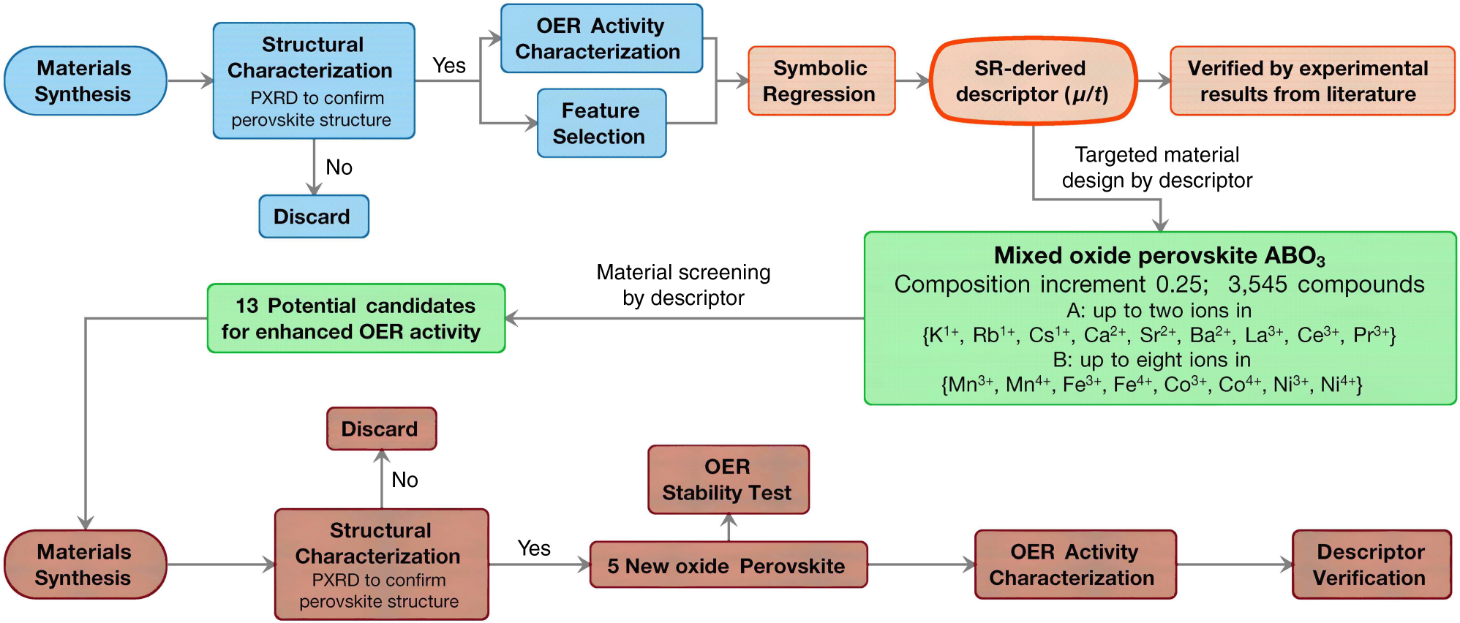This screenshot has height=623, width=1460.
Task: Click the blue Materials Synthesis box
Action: click(85, 81)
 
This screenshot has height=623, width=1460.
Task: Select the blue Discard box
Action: click(314, 216)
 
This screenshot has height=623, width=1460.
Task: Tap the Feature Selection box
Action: click(601, 124)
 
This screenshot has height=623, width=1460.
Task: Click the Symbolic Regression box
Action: click(821, 81)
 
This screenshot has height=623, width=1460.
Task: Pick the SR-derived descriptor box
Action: click(1032, 81)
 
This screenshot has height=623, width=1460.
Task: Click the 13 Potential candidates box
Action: click(355, 319)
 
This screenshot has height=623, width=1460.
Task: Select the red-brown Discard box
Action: click(381, 428)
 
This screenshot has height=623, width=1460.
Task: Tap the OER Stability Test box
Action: click(728, 480)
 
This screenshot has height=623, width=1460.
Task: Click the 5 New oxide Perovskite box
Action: click(728, 565)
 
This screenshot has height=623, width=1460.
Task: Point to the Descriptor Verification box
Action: click(1371, 565)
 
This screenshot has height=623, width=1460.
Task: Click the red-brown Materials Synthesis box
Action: click(85, 565)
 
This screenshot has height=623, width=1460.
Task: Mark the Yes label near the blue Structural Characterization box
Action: click(448, 66)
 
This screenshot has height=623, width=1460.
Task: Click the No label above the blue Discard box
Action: click(339, 167)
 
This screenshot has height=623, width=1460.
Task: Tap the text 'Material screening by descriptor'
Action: click(683, 285)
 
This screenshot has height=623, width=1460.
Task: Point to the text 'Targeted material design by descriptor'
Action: click(1156, 167)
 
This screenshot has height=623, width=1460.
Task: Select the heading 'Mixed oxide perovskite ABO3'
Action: click(1159, 255)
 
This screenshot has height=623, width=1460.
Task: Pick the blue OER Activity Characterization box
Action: click(601, 39)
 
